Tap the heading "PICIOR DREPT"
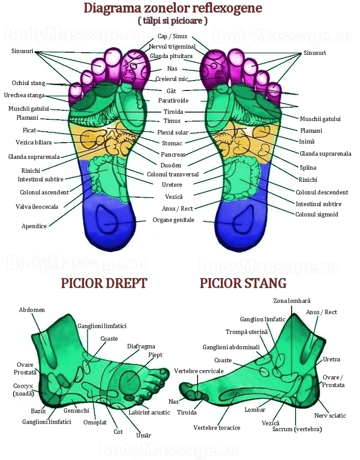click(x=104, y=284)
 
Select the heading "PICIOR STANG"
click(x=243, y=284)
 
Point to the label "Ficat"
click(x=29, y=130)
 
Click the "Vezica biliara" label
click(x=34, y=143)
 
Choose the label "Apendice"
click(x=34, y=226)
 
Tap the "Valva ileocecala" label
click(x=37, y=207)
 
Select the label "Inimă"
click(x=306, y=142)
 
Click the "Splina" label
click(x=308, y=168)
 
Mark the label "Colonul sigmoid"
click(x=317, y=214)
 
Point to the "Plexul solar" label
click(x=173, y=133)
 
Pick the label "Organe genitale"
click(x=173, y=220)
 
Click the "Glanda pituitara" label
click(x=171, y=56)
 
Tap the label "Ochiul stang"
click(x=28, y=83)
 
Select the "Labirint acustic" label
click(x=149, y=412)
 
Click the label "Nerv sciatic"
click(x=330, y=416)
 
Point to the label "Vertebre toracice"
click(x=217, y=428)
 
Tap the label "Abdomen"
click(x=31, y=310)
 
